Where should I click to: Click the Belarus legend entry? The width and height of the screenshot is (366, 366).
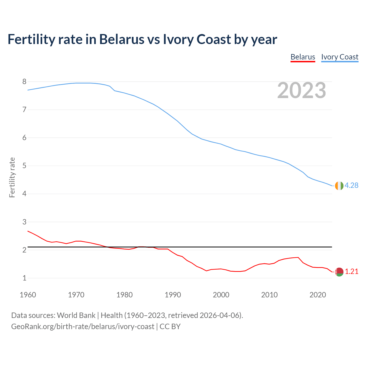303,57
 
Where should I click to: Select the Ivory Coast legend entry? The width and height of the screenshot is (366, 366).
339,57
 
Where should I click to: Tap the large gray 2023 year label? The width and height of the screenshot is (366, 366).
301,90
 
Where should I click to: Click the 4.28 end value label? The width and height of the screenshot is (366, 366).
351,185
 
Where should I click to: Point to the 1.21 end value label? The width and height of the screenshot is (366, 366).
351,271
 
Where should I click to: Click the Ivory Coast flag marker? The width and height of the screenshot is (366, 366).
339,186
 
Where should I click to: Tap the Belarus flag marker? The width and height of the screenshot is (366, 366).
339,272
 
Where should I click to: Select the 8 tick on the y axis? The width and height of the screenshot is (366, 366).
24,82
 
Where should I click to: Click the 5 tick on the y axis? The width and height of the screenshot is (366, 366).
24,166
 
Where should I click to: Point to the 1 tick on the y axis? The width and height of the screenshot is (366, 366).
24,278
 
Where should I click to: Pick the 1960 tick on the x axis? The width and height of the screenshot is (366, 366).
28,295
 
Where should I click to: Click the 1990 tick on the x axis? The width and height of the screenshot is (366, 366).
173,295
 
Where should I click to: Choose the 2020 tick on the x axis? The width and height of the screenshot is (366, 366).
318,295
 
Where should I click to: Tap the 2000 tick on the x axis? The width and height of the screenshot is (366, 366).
221,295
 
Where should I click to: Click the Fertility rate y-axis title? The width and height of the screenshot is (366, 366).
12,177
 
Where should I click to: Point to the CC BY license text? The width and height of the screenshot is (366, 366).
170,326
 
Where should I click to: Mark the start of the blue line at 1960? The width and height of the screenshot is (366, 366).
28,90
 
